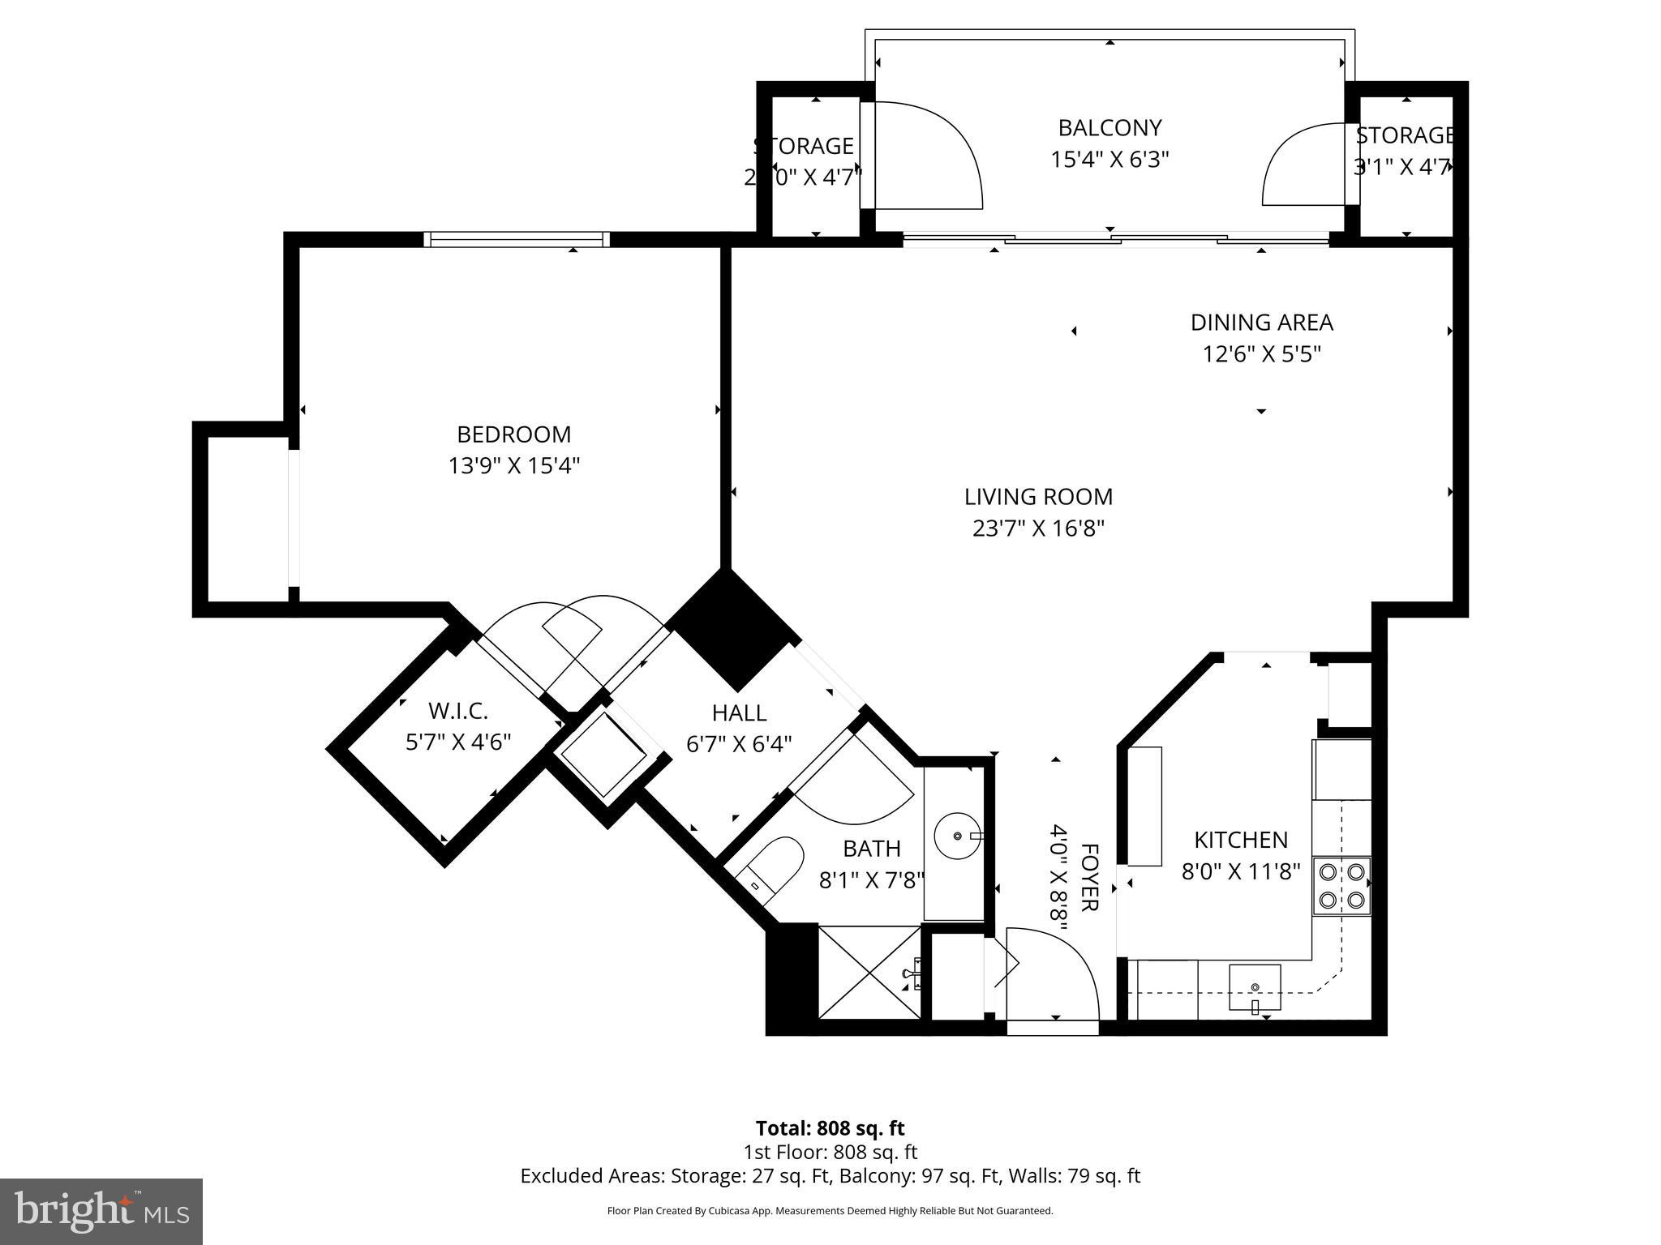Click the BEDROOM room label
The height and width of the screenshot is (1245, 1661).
point(513,434)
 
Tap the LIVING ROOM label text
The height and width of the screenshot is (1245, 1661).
point(1038,497)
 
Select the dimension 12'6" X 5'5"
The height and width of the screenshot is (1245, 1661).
point(1261,354)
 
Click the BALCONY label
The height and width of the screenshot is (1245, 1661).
point(1109,128)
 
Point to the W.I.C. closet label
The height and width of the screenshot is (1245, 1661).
point(457,712)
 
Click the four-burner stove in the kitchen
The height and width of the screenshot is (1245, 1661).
point(1341,886)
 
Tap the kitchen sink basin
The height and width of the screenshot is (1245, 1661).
point(1255,986)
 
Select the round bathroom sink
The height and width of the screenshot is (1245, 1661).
point(957,835)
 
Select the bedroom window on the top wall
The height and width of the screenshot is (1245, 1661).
point(516,239)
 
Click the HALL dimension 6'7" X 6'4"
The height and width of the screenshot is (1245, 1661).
point(739,744)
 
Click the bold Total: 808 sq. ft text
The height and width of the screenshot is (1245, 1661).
point(830,1128)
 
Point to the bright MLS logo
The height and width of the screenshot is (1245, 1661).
point(101,1212)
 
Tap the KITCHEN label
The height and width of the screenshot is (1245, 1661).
point(1240,840)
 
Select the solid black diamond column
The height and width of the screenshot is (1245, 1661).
point(732,628)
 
